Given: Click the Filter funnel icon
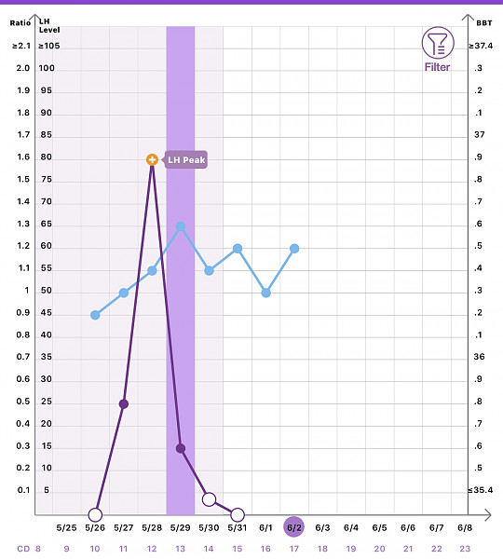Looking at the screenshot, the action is (x=438, y=43).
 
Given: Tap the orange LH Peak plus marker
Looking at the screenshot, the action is (x=152, y=159).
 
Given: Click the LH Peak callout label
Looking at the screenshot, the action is (x=186, y=159).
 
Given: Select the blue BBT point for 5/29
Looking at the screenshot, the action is (x=181, y=226).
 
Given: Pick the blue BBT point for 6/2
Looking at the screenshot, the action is (x=294, y=249).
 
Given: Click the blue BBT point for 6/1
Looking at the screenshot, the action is (x=265, y=293).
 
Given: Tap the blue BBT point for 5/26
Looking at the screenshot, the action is (x=95, y=315).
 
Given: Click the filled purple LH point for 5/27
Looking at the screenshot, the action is (x=124, y=404).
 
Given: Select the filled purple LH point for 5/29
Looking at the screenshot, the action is (x=181, y=448).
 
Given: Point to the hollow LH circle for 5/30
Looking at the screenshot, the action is (x=209, y=499).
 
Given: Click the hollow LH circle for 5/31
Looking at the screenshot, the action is (x=238, y=515).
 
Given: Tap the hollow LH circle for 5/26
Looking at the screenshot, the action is (x=95, y=515).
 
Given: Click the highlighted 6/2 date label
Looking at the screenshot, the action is (x=294, y=527).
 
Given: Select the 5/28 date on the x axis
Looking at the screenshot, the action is (x=152, y=527).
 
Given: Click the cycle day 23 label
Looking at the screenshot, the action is (x=465, y=549).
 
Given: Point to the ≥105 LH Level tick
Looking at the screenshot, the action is (x=49, y=46).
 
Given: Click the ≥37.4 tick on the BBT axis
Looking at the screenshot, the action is (x=481, y=46).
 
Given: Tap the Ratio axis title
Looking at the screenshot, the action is (x=20, y=23).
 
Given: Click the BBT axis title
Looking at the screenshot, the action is (x=484, y=23).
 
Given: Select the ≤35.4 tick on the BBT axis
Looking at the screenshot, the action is (x=481, y=490).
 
